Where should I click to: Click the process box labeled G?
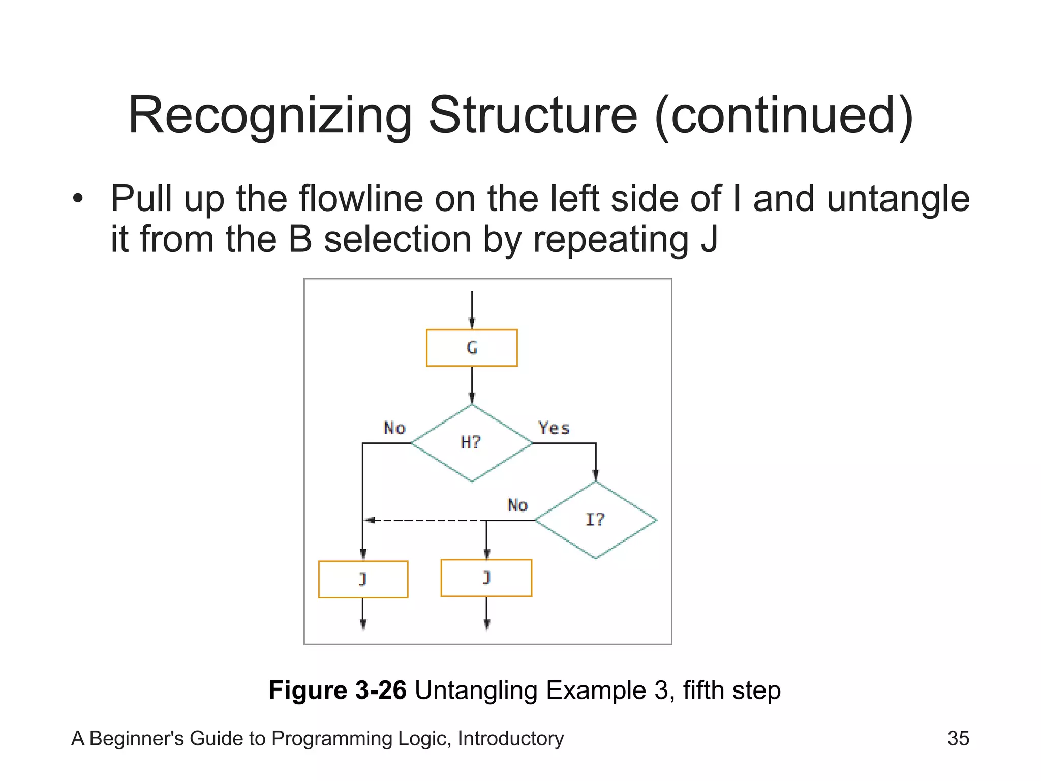pos(471,348)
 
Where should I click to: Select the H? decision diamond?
pos(471,443)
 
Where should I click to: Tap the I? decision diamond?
pos(595,520)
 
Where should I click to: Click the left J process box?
pos(363,579)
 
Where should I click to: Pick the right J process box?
pos(486,578)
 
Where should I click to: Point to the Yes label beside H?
pos(554,428)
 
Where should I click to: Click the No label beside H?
pos(394,428)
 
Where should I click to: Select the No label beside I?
pos(517,505)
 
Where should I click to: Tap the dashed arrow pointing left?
pos(422,520)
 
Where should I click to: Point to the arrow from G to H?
pos(472,385)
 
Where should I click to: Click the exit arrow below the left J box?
pos(363,614)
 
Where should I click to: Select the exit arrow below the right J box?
pos(486,613)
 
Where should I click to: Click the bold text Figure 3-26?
pos(337,690)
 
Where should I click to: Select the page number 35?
pos(958,738)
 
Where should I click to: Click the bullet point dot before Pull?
pos(77,199)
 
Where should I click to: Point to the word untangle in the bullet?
pos(898,199)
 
